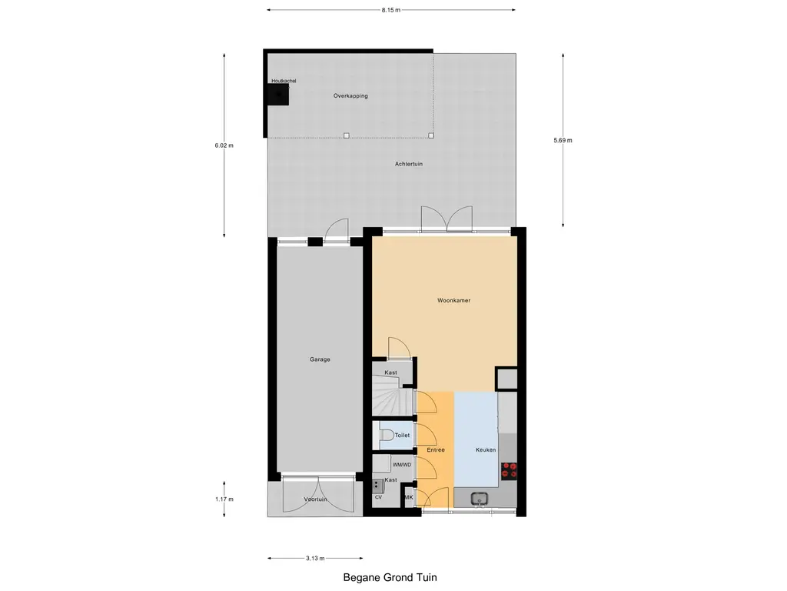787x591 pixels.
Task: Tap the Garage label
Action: (320, 359)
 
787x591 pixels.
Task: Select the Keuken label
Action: (485, 449)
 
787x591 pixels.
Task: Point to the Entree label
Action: (436, 449)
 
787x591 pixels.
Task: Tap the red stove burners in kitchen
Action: (509, 470)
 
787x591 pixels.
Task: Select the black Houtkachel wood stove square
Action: (277, 95)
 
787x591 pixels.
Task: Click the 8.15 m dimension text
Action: (390, 10)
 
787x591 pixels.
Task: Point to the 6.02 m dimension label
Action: (224, 145)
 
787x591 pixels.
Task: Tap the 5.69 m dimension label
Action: (563, 140)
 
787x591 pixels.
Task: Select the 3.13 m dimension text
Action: (315, 558)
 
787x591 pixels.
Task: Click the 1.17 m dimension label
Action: (224, 499)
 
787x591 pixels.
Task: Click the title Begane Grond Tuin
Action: (390, 577)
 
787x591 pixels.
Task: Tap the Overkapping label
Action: (350, 96)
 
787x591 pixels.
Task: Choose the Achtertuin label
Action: (409, 164)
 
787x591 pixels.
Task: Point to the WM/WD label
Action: (401, 465)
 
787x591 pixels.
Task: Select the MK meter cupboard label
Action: (409, 498)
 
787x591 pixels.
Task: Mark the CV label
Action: (378, 497)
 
